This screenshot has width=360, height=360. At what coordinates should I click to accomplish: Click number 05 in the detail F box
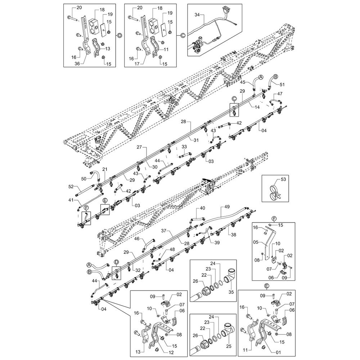[256, 242]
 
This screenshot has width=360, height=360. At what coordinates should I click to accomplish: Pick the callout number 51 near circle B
[282, 85]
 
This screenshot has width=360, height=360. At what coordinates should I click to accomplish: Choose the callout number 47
[280, 93]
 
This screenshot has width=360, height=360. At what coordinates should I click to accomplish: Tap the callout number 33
[184, 147]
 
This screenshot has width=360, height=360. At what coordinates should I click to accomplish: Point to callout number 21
[105, 169]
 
